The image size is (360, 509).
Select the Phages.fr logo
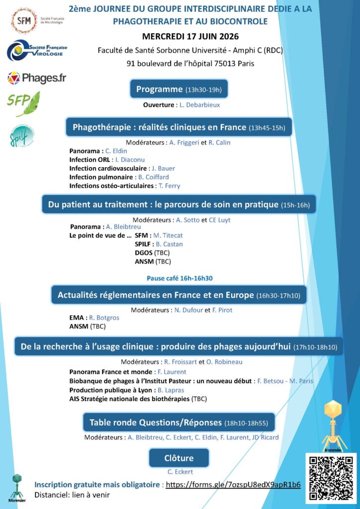[36, 78]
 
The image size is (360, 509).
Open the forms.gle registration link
[233, 485]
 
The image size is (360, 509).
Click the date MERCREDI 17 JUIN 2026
[190, 37]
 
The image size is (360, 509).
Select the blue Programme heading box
[179, 89]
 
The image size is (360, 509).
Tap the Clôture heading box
[179, 458]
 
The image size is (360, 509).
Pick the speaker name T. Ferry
[169, 186]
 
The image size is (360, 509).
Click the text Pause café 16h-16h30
[180, 278]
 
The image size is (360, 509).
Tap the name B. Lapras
[171, 390]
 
